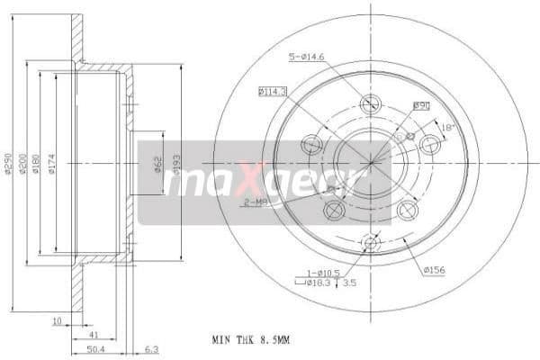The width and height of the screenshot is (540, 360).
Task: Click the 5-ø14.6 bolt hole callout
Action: tap(306, 58)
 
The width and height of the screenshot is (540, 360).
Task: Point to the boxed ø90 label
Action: tap(420, 105)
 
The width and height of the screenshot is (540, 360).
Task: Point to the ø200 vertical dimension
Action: tap(24, 162)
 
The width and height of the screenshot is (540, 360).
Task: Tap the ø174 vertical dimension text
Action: tap(52, 162)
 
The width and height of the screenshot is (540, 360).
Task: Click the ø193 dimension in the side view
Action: tap(177, 163)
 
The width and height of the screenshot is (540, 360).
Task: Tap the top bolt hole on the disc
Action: tap(369, 103)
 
